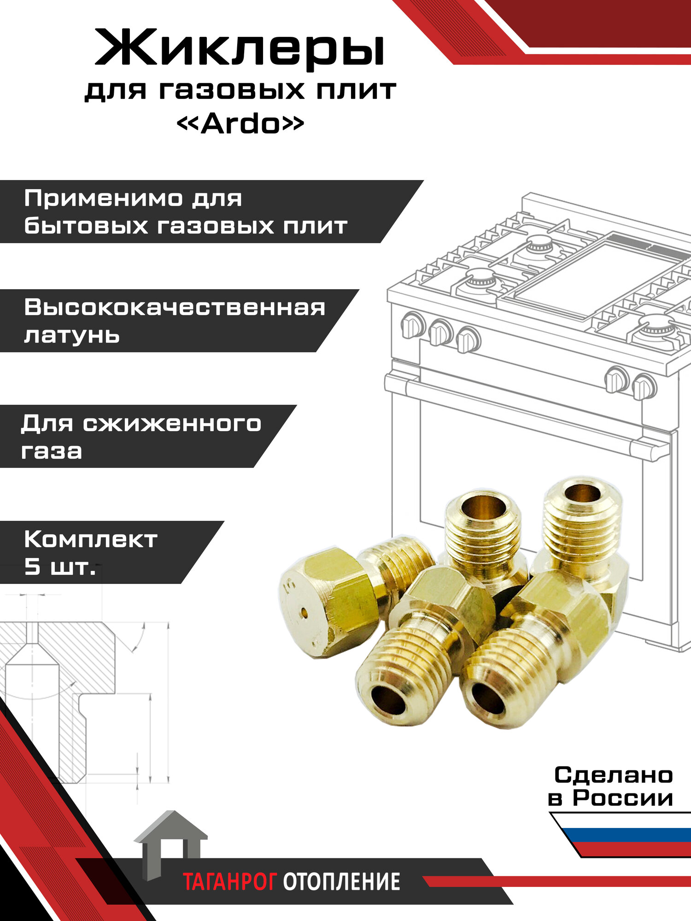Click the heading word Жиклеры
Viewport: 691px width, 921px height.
click(240, 48)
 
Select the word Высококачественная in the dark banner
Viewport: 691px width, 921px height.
click(175, 308)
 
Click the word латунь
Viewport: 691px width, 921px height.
click(72, 335)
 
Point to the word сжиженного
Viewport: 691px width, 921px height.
click(172, 423)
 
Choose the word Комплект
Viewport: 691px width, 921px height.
click(91, 539)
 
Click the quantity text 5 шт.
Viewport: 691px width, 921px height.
click(60, 567)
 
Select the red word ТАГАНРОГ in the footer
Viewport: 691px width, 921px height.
click(230, 882)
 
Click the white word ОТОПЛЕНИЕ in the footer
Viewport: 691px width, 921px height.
click(341, 882)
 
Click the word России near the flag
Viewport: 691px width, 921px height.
click(623, 798)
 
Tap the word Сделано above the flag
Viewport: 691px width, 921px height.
click(614, 775)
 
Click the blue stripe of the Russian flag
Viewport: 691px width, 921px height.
click(627, 834)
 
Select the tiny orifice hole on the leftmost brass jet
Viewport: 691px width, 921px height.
click(305, 612)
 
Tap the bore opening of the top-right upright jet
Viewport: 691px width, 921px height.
click(582, 493)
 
